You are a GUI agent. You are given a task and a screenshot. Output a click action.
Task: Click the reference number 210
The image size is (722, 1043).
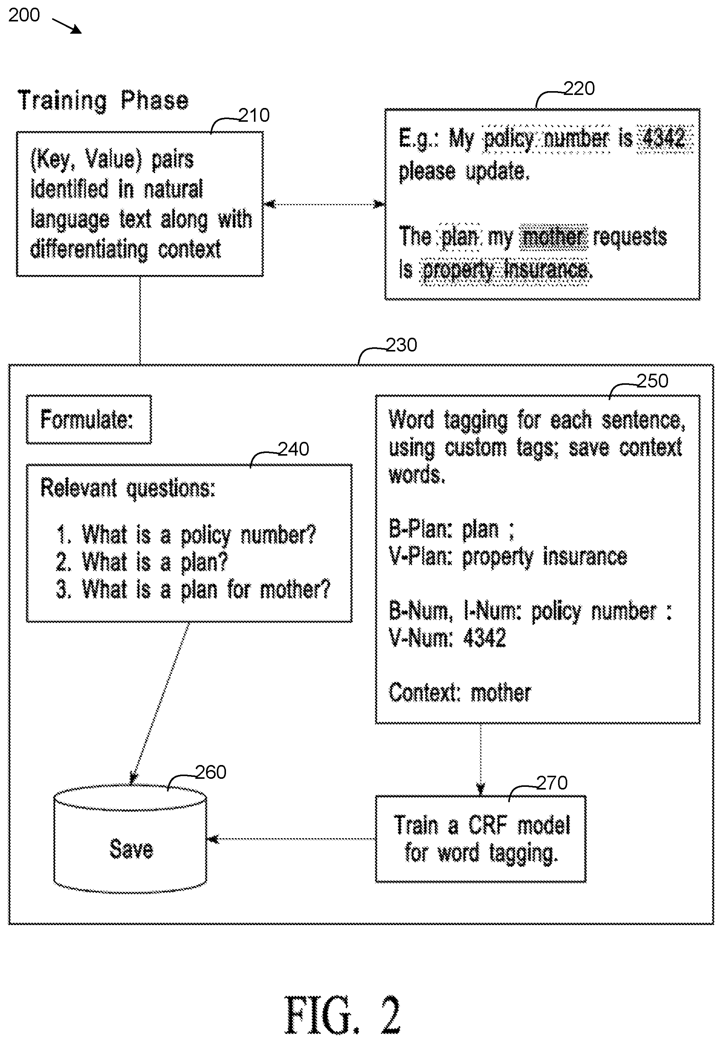[254, 115]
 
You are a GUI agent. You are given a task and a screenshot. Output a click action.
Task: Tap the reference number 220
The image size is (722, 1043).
[579, 88]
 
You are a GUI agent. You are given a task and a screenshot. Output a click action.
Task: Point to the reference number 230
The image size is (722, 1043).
[401, 345]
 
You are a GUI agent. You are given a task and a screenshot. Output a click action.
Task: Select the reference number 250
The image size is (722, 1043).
[652, 381]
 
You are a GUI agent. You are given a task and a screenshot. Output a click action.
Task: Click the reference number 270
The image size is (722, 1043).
[552, 783]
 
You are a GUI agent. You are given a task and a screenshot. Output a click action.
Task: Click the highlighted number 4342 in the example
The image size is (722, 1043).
[664, 138]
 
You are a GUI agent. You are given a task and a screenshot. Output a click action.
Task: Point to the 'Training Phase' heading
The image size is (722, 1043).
[103, 100]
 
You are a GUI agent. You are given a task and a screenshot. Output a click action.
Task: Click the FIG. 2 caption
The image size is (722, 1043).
[342, 1015]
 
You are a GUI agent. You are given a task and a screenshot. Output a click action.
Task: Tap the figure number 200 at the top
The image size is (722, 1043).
[24, 15]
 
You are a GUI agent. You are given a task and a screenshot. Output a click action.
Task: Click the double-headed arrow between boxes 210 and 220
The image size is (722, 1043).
[324, 204]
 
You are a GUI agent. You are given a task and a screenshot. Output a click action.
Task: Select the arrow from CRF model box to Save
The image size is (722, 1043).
[291, 839]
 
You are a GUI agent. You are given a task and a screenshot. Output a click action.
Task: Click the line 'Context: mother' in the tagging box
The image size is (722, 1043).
[460, 693]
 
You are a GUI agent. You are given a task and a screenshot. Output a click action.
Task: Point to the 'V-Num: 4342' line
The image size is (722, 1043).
[447, 638]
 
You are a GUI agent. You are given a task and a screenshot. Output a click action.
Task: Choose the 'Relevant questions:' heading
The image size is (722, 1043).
[128, 488]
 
